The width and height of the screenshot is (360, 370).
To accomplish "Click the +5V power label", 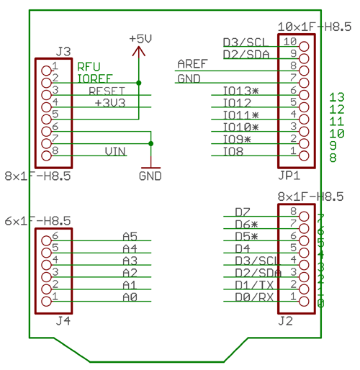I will pyautogui.click(x=140, y=37).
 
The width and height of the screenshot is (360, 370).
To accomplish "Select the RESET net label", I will pyautogui.click(x=107, y=91).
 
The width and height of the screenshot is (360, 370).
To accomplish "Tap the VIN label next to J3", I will pyautogui.click(x=114, y=151).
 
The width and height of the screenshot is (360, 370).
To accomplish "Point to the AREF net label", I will pyautogui.click(x=192, y=64).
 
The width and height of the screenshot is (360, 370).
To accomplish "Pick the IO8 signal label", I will pyautogui.click(x=233, y=151).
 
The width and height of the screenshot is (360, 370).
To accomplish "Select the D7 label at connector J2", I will pyautogui.click(x=242, y=212).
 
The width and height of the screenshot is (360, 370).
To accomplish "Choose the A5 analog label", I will pyautogui.click(x=130, y=235).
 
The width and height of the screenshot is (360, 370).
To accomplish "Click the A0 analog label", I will pyautogui.click(x=130, y=296).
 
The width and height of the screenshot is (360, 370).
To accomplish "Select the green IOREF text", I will pyautogui.click(x=94, y=78).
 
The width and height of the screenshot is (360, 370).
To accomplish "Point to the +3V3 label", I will pyautogui.click(x=109, y=103).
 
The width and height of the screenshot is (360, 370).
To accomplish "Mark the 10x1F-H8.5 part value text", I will pyautogui.click(x=315, y=27).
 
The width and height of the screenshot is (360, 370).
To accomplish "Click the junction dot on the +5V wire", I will pyautogui.click(x=140, y=83).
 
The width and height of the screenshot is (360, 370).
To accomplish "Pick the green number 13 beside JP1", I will pyautogui.click(x=336, y=97).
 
